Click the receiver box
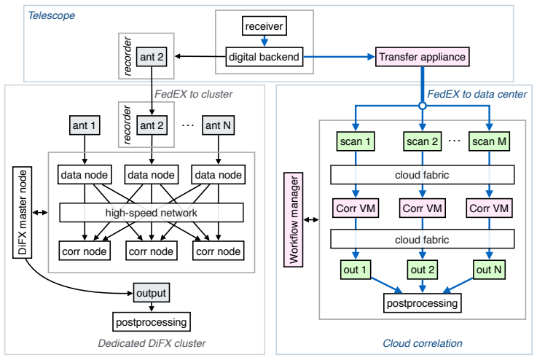264,26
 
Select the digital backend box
264,57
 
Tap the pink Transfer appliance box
423,57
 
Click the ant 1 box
85,125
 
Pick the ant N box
218,125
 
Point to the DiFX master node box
23,212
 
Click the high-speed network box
152,213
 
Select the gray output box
151,293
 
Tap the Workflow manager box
294,219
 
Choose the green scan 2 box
423,141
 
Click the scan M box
489,141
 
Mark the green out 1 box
356,270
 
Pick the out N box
489,270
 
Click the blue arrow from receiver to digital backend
264,41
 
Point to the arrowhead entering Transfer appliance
372,57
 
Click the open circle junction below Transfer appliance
423,106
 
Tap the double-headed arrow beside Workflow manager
311,219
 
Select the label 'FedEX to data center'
477,94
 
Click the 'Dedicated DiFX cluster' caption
152,343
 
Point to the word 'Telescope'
52,15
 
